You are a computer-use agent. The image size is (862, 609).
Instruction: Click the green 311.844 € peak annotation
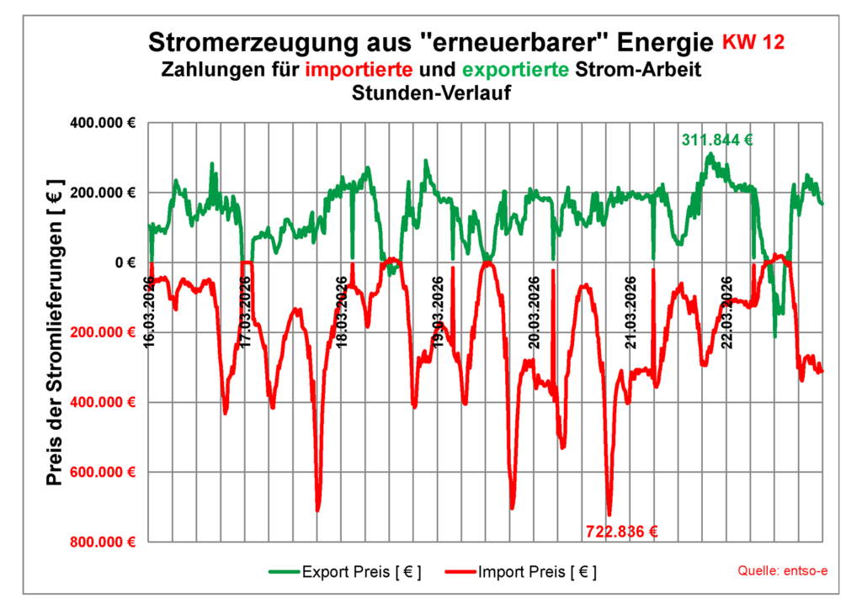(716, 140)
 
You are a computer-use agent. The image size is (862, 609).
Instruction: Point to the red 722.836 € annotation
(621, 531)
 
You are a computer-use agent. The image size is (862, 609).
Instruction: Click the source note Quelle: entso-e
(782, 571)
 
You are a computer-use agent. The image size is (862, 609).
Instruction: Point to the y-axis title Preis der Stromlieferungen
(56, 332)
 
